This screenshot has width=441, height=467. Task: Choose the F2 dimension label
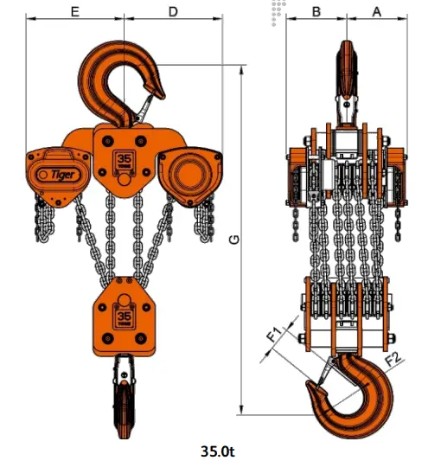tap(391, 355)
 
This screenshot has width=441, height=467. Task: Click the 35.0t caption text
tap(219, 451)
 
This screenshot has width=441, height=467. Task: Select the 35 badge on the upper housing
tap(124, 162)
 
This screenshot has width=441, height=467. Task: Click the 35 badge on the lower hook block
tap(124, 317)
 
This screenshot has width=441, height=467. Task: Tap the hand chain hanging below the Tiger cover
tap(42, 216)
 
